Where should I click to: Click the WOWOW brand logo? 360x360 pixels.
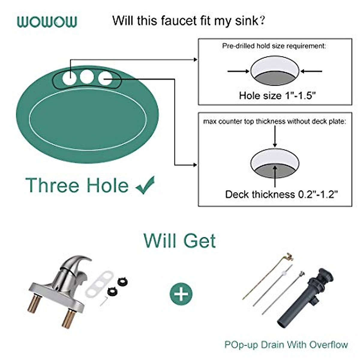(x=47, y=22)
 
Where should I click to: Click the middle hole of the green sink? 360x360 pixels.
(x=87, y=77)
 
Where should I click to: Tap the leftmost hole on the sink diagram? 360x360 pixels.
(x=69, y=78)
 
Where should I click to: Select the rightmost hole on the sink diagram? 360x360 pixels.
(x=105, y=78)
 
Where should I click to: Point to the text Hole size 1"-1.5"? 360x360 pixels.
(x=277, y=95)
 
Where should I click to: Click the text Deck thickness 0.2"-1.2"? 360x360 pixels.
(x=281, y=194)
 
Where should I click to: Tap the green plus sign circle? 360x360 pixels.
(x=181, y=294)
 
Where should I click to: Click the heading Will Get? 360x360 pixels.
(x=179, y=241)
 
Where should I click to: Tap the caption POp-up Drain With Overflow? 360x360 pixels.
(x=286, y=345)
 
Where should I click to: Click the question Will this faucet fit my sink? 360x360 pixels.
(x=188, y=21)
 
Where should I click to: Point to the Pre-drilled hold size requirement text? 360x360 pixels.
(x=274, y=46)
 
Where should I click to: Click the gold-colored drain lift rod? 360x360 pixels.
(x=264, y=277)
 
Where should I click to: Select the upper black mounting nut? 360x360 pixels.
(x=123, y=281)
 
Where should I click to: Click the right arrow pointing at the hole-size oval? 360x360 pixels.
(x=311, y=71)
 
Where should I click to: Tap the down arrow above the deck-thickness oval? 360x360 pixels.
(x=275, y=136)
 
